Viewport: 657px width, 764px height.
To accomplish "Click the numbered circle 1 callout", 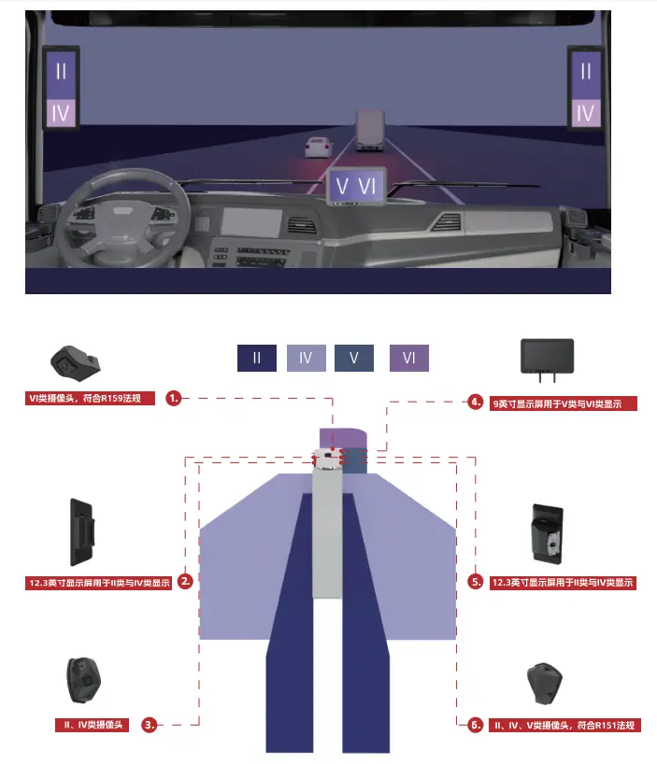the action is click(x=173, y=398).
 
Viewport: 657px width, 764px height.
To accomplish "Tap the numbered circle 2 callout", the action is click(x=185, y=581).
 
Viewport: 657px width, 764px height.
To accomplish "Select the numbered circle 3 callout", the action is click(x=150, y=725).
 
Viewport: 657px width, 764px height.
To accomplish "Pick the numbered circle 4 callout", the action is click(x=475, y=402).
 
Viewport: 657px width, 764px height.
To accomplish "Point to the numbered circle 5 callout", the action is click(x=475, y=581).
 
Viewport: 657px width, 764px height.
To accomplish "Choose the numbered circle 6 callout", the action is click(x=475, y=725).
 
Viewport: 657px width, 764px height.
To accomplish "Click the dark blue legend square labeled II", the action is click(x=257, y=358).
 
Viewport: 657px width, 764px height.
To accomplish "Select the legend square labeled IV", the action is click(x=307, y=358).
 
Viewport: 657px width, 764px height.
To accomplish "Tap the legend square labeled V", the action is click(x=354, y=358).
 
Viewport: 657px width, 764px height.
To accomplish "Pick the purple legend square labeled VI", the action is click(x=409, y=358).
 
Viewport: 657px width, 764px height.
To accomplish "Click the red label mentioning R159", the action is click(x=90, y=398).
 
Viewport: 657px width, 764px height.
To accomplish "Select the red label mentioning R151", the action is click(x=564, y=725).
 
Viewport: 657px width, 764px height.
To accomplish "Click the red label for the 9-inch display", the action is click(x=564, y=403).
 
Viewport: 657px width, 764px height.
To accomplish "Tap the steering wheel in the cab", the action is click(x=121, y=219).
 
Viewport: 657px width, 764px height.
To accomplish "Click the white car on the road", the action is click(x=319, y=148).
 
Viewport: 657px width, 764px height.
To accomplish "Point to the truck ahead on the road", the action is click(x=370, y=130).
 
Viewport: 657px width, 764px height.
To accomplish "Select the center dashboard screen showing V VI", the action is click(x=357, y=186).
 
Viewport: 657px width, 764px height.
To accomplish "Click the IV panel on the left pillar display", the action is click(x=61, y=113).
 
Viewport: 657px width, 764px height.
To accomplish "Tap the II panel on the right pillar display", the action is click(x=586, y=72).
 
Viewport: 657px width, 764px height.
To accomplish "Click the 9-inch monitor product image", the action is click(x=548, y=360).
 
